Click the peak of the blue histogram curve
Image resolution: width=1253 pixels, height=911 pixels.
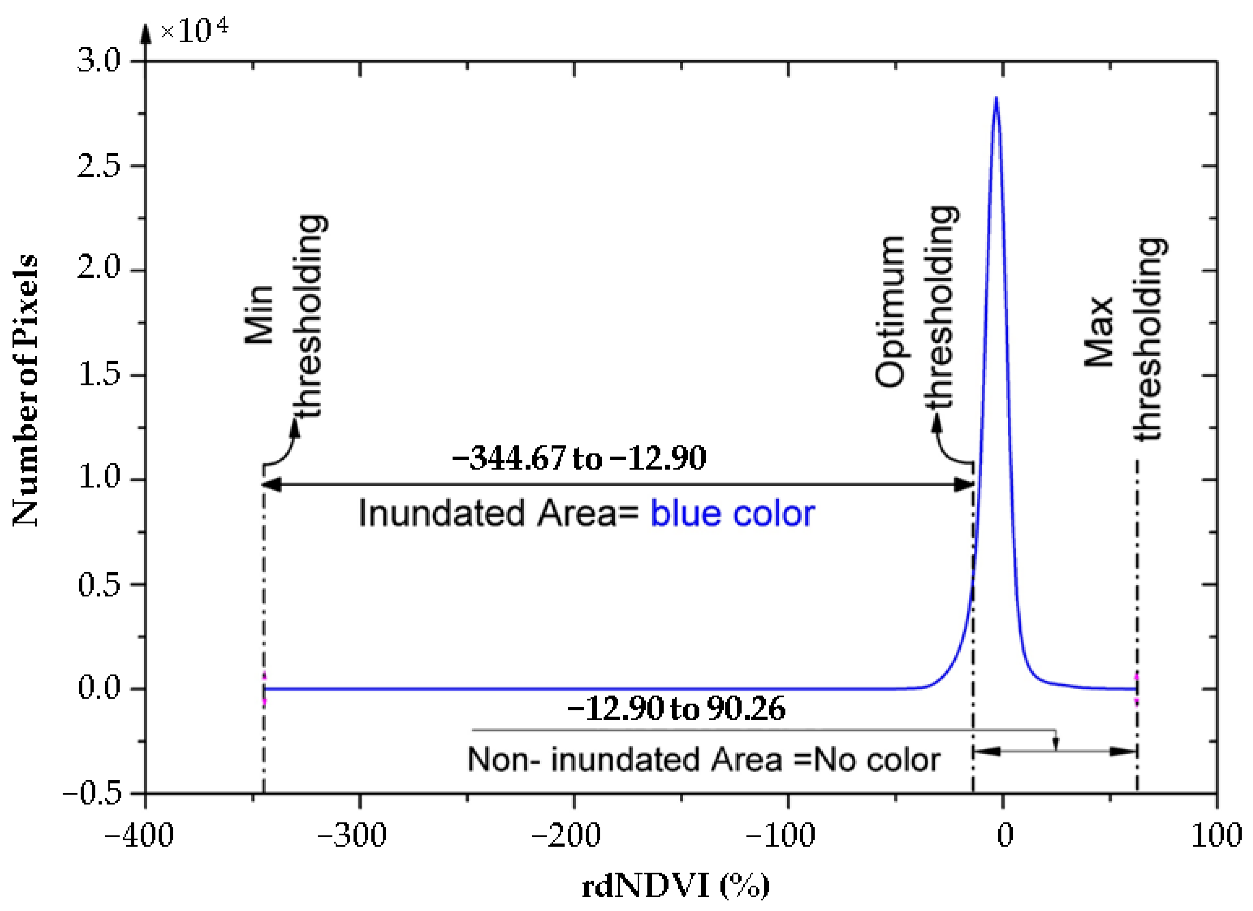(x=996, y=98)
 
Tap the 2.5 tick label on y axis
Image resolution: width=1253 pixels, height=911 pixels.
(x=99, y=165)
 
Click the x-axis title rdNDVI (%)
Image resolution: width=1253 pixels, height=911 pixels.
(x=675, y=887)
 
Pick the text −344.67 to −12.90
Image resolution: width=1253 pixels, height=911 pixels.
(x=579, y=458)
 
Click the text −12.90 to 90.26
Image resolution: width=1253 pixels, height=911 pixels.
(x=676, y=709)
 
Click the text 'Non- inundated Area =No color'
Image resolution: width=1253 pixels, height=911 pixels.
(x=704, y=760)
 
